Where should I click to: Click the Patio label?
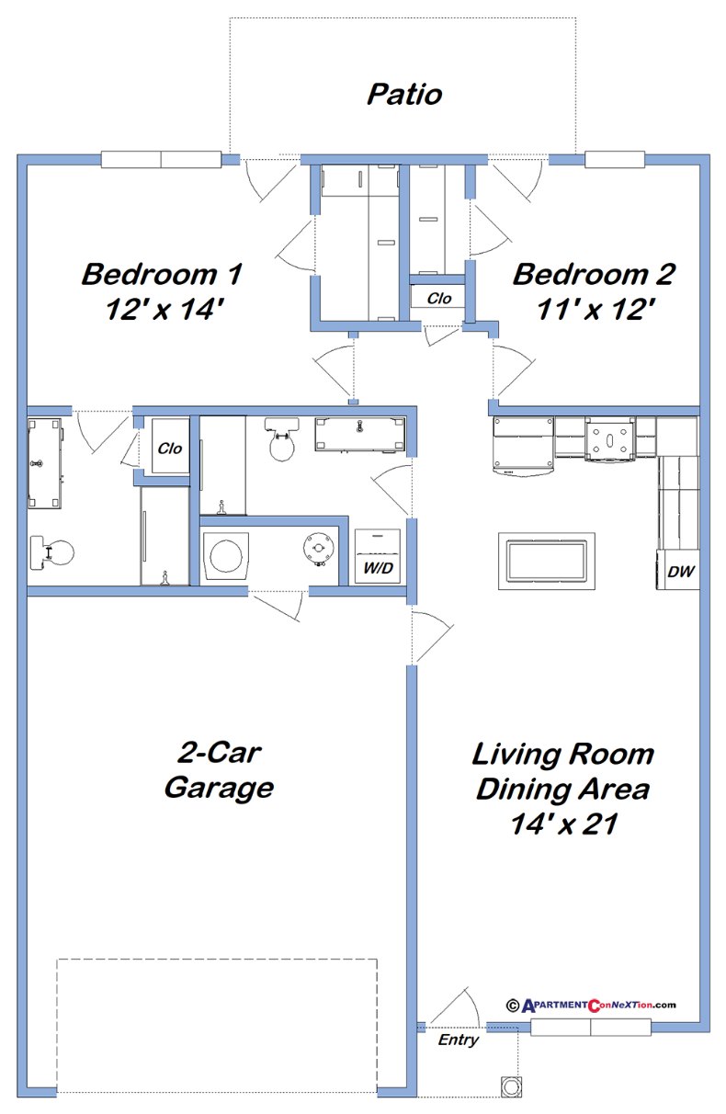404,95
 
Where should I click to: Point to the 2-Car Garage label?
219,770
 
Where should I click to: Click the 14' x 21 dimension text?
562,824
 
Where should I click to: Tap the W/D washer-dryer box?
378,557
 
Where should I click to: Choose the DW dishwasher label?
680,572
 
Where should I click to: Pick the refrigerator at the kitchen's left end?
524,446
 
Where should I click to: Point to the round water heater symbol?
318,550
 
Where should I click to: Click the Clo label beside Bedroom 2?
438,298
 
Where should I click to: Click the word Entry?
458,1040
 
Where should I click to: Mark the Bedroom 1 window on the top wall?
161,159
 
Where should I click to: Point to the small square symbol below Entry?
509,1086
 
